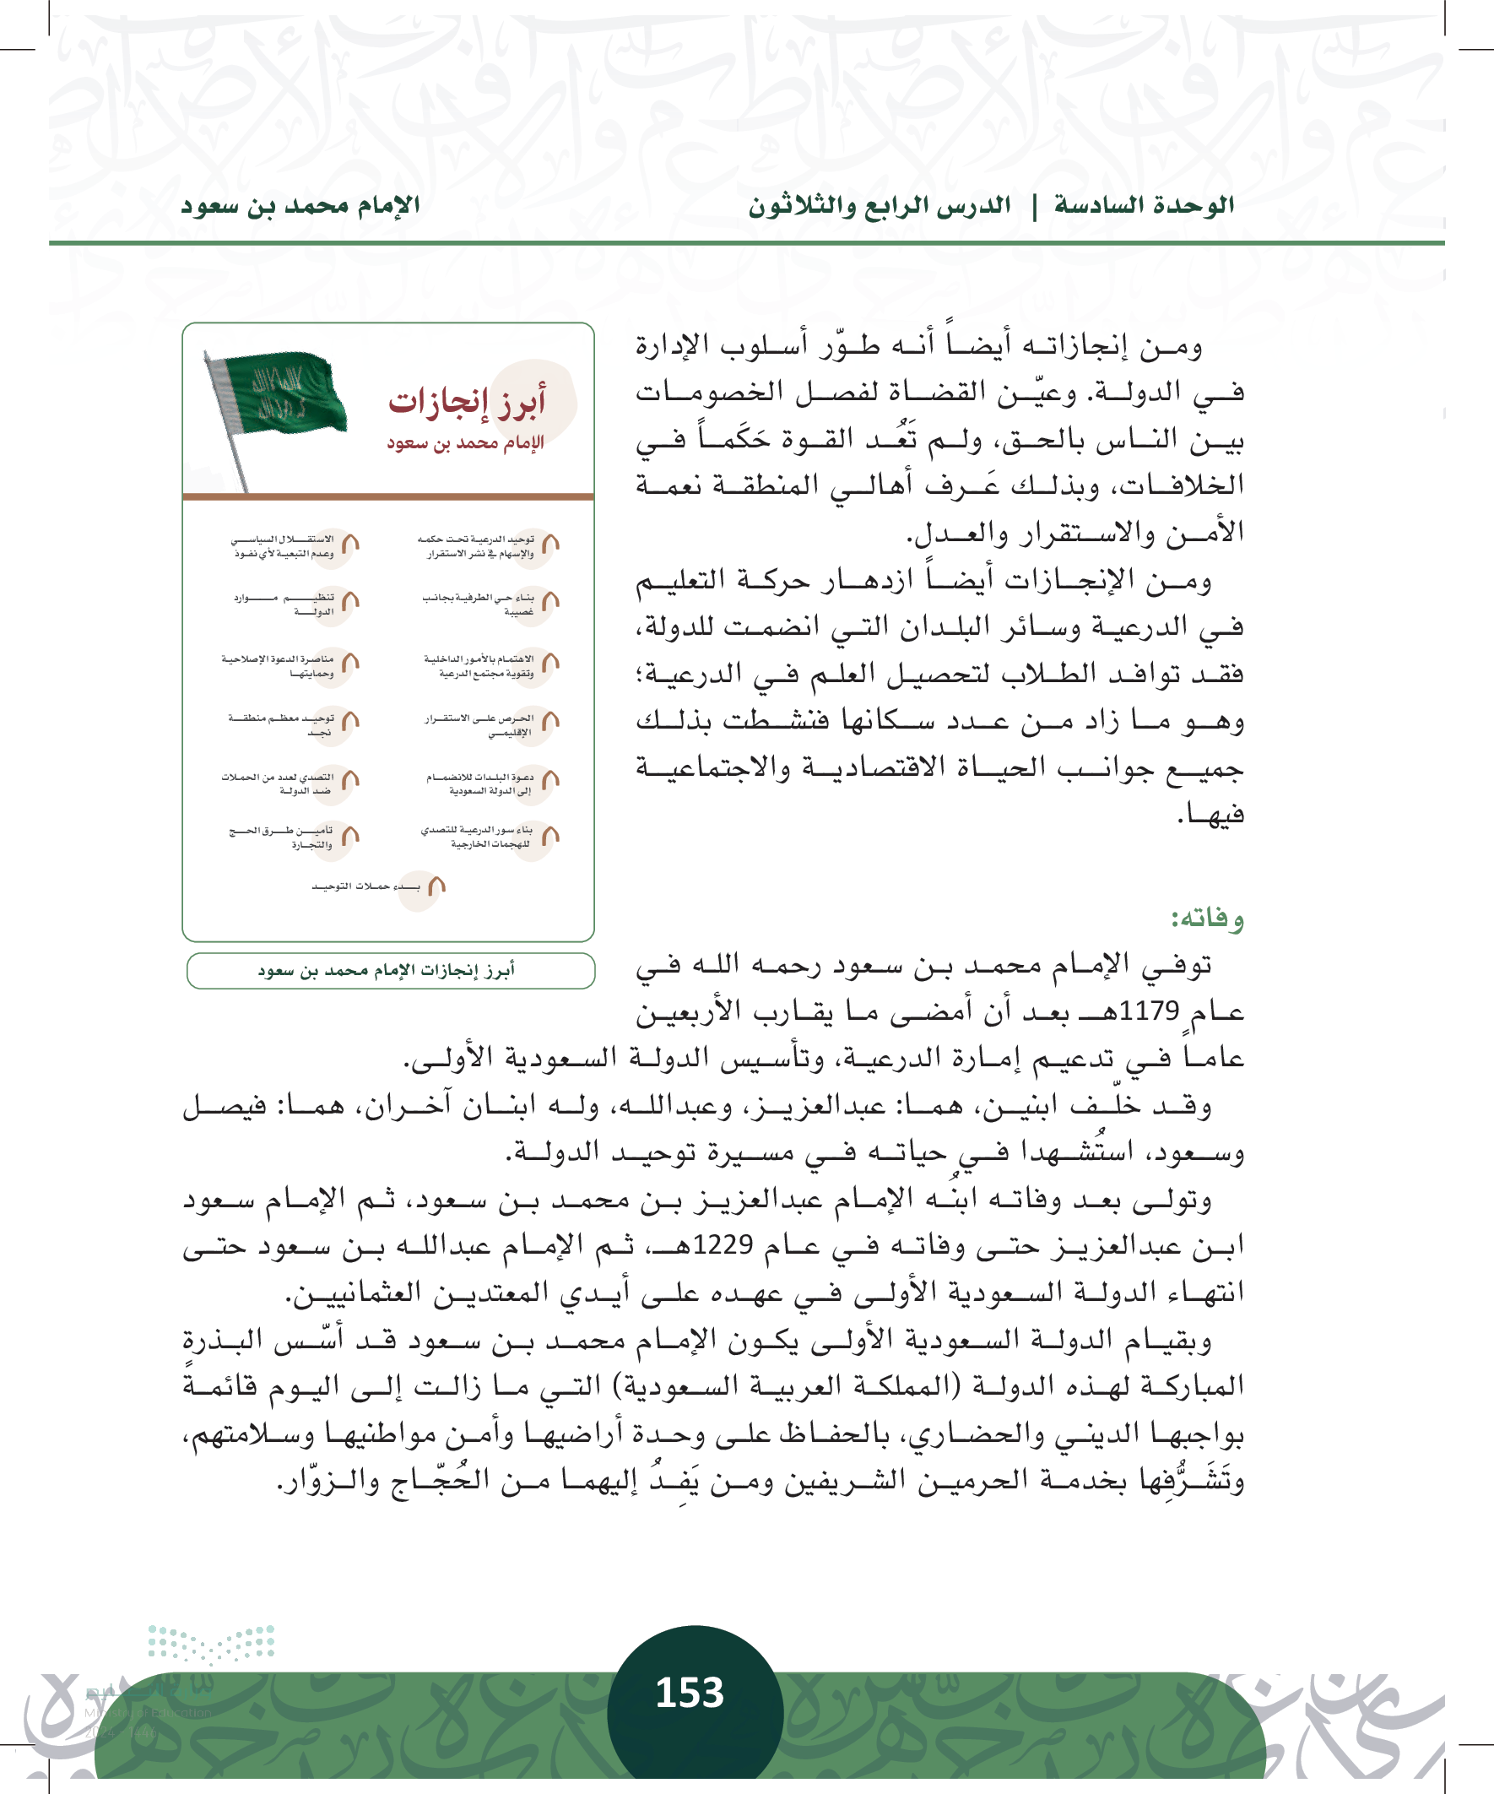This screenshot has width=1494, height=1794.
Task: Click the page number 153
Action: (x=690, y=1693)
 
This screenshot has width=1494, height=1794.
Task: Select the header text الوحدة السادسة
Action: (x=1144, y=206)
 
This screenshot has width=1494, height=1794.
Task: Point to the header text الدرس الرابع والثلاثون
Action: (x=879, y=206)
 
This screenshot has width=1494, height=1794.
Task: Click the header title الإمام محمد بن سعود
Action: (x=300, y=206)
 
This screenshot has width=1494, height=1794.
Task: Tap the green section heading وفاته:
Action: (x=1207, y=919)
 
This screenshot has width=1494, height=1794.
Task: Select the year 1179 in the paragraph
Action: (x=1149, y=1011)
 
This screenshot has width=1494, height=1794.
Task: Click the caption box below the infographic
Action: (x=390, y=971)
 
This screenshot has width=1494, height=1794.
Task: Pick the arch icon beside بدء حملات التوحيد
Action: (x=436, y=886)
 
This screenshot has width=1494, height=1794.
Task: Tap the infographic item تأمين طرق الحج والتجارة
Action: (x=282, y=837)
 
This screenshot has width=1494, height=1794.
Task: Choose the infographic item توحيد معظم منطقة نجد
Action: (x=282, y=724)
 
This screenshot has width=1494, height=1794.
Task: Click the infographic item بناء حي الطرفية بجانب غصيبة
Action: (x=479, y=604)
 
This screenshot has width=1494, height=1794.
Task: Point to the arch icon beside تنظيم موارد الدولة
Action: (x=350, y=601)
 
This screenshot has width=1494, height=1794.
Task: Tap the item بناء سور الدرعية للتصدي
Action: (x=479, y=837)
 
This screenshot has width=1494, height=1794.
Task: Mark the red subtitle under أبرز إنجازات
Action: (x=465, y=442)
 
